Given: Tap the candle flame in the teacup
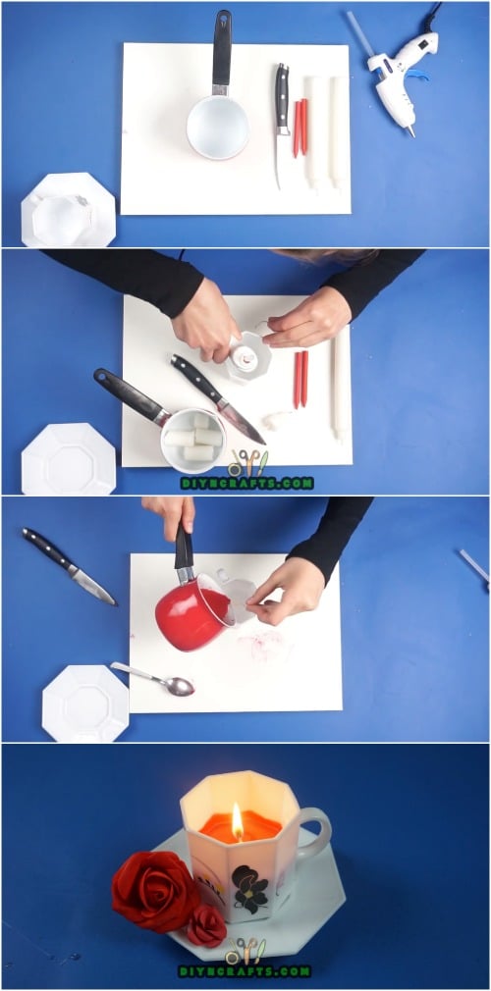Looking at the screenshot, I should click(x=237, y=819).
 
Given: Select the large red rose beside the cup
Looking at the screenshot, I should click(x=154, y=889).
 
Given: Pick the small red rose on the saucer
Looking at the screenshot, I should click(x=206, y=925).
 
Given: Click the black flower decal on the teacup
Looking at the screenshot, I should click(x=250, y=887).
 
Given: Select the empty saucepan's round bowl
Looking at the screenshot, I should click(x=217, y=127).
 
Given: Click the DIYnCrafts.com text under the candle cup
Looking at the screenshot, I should click(x=245, y=970).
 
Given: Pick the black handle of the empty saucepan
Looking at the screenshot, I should click(x=222, y=49).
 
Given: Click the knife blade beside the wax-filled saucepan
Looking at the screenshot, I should click(x=240, y=420).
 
